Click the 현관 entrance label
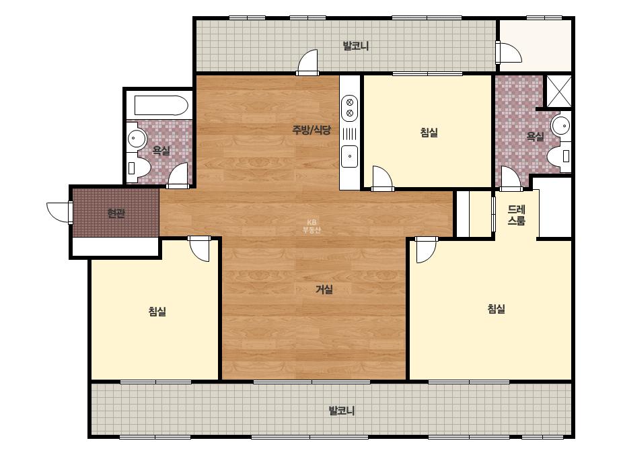click(x=116, y=213)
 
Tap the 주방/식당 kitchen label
click(x=312, y=130)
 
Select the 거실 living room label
click(x=324, y=289)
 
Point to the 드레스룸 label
click(x=517, y=215)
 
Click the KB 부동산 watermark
click(x=312, y=226)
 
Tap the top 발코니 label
click(x=356, y=46)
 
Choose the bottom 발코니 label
click(x=342, y=411)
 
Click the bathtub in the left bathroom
click(x=161, y=106)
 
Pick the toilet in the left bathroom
click(x=138, y=168)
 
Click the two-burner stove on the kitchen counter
click(x=350, y=108)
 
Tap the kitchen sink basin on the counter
click(x=350, y=156)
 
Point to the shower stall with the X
click(x=559, y=91)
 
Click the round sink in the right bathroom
click(x=561, y=126)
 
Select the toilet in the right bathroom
click(x=560, y=155)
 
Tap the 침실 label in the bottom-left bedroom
click(x=157, y=312)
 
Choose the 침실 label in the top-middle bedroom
click(x=429, y=133)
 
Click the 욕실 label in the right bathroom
click(x=535, y=137)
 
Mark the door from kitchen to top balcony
click(x=307, y=63)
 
